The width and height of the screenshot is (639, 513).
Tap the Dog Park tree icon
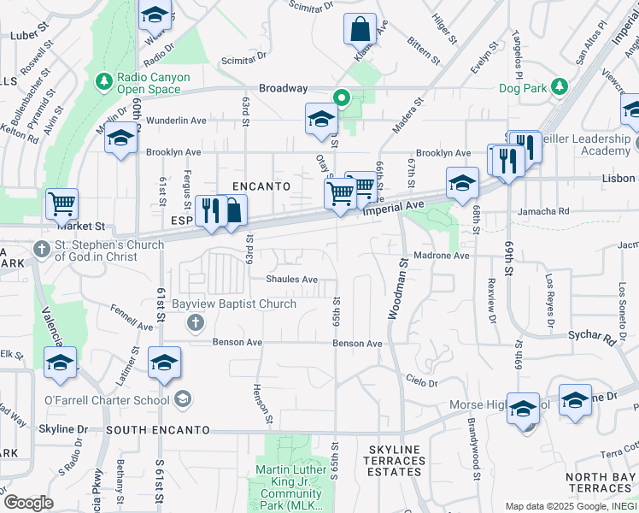[x=560, y=86]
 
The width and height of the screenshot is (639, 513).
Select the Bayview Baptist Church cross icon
[x=195, y=322]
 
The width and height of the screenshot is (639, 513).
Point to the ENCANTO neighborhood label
[x=262, y=186]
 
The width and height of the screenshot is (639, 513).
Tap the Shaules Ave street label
[x=291, y=280]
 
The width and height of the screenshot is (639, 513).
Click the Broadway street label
[x=283, y=88]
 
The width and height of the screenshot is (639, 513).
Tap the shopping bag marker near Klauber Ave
[x=361, y=29]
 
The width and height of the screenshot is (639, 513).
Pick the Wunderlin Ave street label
[x=177, y=121]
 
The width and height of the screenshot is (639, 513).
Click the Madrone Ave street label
[x=442, y=256]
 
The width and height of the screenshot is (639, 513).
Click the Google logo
[x=28, y=502]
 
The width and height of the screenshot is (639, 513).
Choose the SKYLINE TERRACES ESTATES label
[x=396, y=461]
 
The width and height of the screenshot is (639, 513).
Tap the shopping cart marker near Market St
[x=62, y=204]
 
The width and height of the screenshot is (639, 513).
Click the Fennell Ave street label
[x=132, y=315]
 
